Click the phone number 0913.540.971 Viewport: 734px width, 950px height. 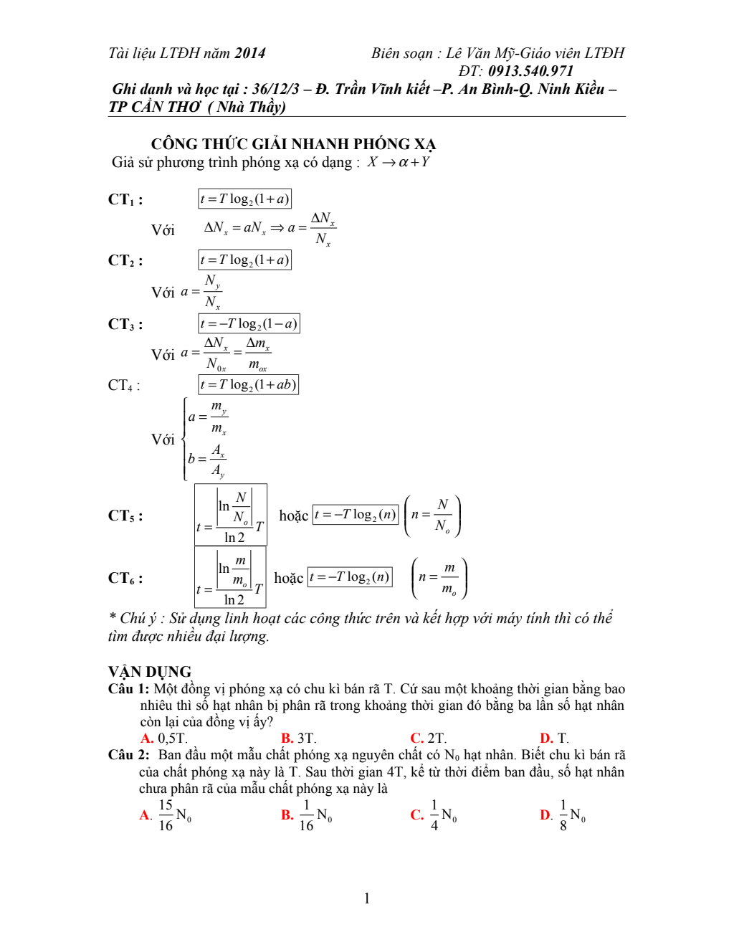point(530,71)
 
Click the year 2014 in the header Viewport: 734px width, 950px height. point(249,53)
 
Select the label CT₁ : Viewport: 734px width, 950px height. point(125,199)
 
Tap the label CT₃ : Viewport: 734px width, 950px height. point(125,324)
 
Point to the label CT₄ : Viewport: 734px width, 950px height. point(124,385)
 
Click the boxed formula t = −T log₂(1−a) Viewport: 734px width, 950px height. point(249,323)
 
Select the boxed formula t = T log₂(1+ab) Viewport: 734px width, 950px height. point(248,384)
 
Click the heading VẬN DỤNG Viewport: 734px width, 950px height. point(150,672)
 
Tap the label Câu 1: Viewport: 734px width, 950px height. point(129,689)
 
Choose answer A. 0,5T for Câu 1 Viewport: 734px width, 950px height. point(164,738)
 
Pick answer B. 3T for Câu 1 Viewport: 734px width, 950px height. point(299,738)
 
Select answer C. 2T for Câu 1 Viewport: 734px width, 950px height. point(429,738)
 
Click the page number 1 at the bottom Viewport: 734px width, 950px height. point(367,898)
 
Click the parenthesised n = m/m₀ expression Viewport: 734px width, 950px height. point(439,578)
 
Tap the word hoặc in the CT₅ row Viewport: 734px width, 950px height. point(293,516)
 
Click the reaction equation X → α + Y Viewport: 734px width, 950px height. point(399,162)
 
